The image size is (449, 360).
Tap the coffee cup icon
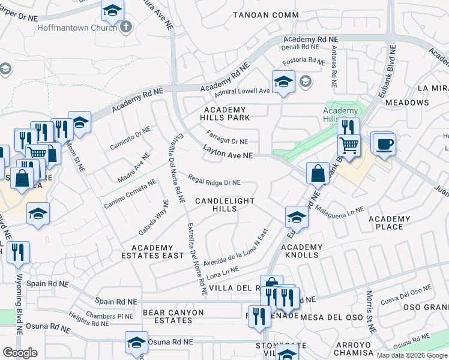[x=384, y=144]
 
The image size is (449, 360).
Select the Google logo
[x=20, y=353]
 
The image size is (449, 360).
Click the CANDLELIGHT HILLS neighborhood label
[x=224, y=205]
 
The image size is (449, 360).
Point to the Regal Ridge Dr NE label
[x=214, y=181]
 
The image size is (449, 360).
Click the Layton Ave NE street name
[x=227, y=154]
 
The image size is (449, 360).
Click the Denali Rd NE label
[x=301, y=47]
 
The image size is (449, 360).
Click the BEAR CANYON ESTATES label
[x=173, y=316]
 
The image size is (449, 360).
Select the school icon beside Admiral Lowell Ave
[x=283, y=82]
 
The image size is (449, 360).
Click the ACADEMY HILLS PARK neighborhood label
[x=226, y=113]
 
